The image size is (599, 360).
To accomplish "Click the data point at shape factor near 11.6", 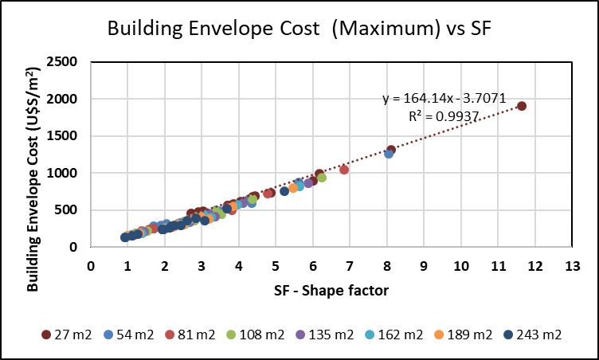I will [x=522, y=106].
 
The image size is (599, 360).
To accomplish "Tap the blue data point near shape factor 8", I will [x=389, y=154].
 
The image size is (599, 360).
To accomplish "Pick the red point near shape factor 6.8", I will [x=344, y=170].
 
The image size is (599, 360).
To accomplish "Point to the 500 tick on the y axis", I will [x=71, y=210].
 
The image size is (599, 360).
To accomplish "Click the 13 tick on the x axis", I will [x=570, y=264].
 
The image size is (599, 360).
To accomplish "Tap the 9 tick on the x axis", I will [x=423, y=264].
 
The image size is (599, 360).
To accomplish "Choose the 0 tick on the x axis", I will [x=91, y=264].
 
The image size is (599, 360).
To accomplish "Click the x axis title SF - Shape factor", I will [x=331, y=290].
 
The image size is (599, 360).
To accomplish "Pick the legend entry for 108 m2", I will [x=258, y=335].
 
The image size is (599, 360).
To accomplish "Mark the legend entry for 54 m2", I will [x=126, y=335].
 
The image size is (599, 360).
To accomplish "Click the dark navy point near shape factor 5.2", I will [x=284, y=191].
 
